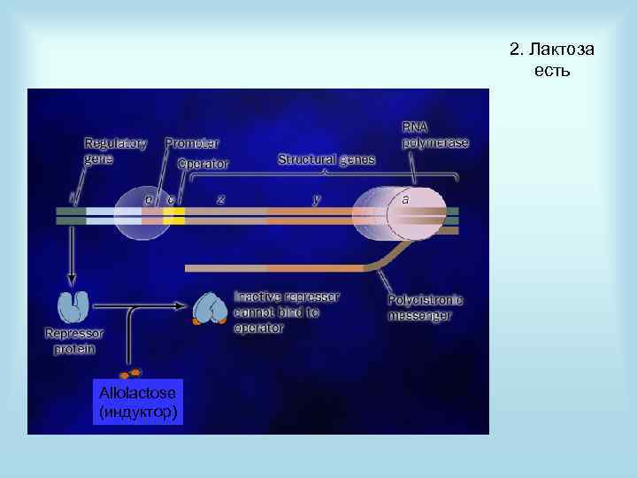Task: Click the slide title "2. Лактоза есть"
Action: point(551,58)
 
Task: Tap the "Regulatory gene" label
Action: point(115,150)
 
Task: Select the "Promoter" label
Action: point(192,143)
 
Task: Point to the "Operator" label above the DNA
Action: point(203,164)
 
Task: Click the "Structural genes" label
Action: point(326,159)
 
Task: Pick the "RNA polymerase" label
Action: point(435,135)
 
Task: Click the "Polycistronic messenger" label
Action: point(425,308)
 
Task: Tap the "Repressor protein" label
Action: point(73,341)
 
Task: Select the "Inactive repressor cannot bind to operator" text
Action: point(287,312)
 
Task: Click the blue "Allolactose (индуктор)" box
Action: point(138,401)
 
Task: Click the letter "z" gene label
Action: point(220,199)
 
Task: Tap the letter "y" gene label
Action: point(317,199)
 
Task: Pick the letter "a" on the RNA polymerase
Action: point(405,200)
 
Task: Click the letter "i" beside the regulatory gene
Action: point(73,198)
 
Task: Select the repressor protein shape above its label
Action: point(73,307)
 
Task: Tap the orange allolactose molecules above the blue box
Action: point(131,373)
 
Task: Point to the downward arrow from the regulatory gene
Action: point(72,257)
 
